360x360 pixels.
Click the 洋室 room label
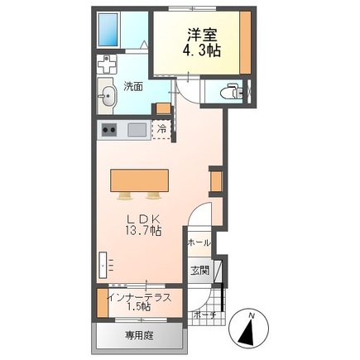point(203,35)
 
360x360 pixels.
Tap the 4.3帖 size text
point(202,50)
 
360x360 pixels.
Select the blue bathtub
point(109,30)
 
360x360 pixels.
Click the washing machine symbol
point(107,64)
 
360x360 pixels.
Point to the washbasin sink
point(107,96)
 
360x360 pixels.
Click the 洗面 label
point(133,87)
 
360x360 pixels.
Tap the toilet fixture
point(232,91)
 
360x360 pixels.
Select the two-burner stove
point(109,130)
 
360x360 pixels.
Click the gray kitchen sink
point(137,130)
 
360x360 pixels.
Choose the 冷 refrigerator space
point(161,129)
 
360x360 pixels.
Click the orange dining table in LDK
point(140,180)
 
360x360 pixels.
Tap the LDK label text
point(143,220)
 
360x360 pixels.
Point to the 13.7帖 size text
point(143,230)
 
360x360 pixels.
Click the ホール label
point(199,243)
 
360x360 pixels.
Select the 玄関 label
point(200,271)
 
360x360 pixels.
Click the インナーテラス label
point(140,297)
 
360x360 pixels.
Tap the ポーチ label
point(204,314)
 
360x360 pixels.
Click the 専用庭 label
point(140,335)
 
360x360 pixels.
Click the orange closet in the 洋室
point(245,42)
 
